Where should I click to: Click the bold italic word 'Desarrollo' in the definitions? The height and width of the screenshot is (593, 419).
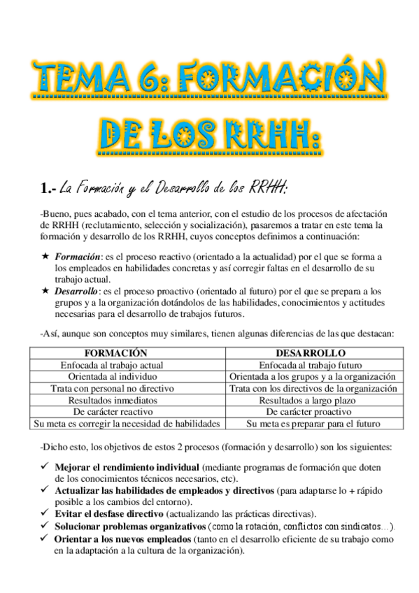tap(78, 290)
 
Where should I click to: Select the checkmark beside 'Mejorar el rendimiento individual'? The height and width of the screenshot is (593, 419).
tap(45, 466)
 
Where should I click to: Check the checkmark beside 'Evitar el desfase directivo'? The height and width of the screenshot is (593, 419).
tap(45, 513)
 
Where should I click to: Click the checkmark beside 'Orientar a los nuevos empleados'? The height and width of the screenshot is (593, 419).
tap(45, 539)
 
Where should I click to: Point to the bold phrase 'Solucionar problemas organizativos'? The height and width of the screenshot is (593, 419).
tap(129, 526)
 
